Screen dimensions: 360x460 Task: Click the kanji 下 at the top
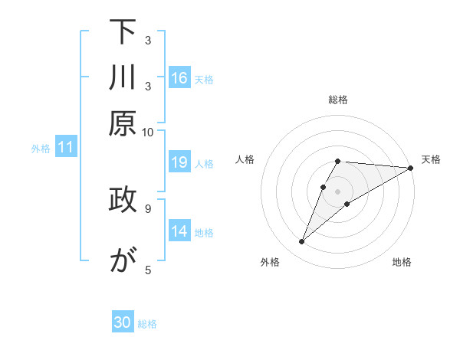(123, 33)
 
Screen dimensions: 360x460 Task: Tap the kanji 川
(123, 78)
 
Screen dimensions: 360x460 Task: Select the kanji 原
(123, 123)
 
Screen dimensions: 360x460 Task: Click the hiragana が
(123, 260)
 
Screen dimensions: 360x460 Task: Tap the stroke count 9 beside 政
(147, 207)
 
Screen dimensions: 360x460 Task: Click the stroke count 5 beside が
(147, 269)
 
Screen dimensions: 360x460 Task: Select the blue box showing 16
(179, 78)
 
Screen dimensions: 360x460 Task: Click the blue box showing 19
(179, 162)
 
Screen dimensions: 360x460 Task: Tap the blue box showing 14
(179, 231)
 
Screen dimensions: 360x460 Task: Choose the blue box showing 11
(66, 148)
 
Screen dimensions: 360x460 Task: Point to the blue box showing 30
(123, 322)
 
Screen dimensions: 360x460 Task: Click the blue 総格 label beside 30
(147, 324)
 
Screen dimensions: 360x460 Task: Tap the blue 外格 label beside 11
(40, 149)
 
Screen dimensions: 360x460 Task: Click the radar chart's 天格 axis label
(431, 159)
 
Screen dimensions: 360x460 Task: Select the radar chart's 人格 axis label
(245, 159)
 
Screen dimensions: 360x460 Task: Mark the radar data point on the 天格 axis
(411, 168)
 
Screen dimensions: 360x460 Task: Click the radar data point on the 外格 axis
(301, 242)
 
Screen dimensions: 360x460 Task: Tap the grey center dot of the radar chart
(338, 191)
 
